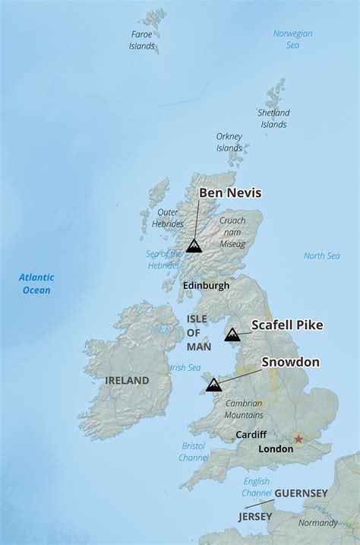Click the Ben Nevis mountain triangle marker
click(x=194, y=246)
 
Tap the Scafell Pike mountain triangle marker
click(x=232, y=334)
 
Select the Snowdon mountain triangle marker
click(x=214, y=385)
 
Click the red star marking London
click(x=298, y=439)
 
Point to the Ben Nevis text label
click(x=230, y=193)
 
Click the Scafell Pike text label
click(x=287, y=325)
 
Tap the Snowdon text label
click(x=290, y=363)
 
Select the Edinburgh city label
click(x=206, y=286)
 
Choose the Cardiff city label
click(x=251, y=435)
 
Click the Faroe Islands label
click(x=141, y=40)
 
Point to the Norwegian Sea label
click(x=293, y=40)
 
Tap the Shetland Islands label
click(x=273, y=119)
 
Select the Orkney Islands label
click(x=229, y=142)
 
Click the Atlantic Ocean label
click(x=35, y=284)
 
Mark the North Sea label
click(x=322, y=256)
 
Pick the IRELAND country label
click(x=127, y=380)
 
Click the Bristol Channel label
click(x=194, y=452)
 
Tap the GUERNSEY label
click(x=301, y=493)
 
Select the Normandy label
click(x=317, y=523)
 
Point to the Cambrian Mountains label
click(x=244, y=409)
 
